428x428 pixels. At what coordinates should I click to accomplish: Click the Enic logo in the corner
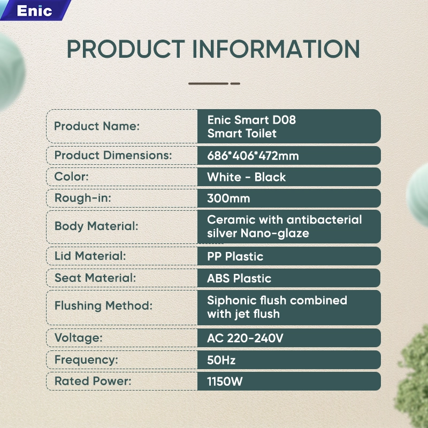[x=34, y=11]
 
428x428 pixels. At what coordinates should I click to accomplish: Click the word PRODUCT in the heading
[x=126, y=49]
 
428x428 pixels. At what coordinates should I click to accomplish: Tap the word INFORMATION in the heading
[x=276, y=49]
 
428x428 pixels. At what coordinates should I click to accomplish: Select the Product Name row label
[x=97, y=126]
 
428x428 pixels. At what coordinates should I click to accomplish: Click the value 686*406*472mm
[x=253, y=156]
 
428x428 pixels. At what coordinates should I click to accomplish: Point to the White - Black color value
[x=247, y=177]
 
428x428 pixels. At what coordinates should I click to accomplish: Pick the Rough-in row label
[x=83, y=198]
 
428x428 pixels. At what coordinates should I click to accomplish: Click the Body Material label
[x=96, y=226]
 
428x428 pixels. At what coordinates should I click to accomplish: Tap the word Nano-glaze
[x=275, y=233]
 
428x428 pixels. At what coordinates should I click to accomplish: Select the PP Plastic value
[x=235, y=257]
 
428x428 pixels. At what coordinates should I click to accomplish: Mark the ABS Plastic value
[x=239, y=278]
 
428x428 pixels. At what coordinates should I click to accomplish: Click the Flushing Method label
[x=103, y=305]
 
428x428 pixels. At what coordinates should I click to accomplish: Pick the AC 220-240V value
[x=245, y=339]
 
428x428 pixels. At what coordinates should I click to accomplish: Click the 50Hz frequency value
[x=221, y=360]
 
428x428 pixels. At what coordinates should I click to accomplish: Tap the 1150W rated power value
[x=225, y=381]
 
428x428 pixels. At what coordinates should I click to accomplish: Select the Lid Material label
[x=90, y=256]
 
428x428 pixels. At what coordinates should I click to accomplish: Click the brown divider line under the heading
[x=215, y=83]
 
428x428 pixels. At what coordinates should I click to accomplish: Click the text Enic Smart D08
[x=251, y=120]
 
